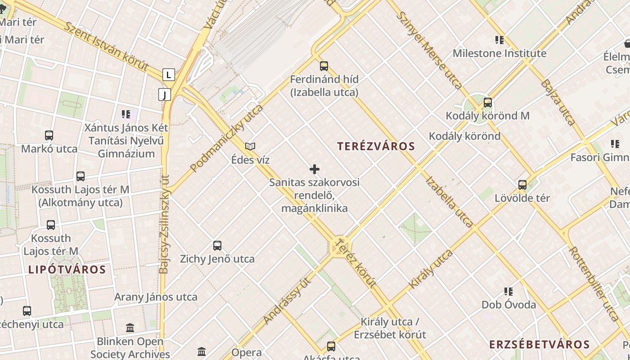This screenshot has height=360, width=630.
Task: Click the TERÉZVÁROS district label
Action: pos(376,146)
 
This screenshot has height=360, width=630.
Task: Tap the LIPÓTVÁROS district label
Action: pos(67,270)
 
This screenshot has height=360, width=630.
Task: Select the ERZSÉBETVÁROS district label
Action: pos(539,345)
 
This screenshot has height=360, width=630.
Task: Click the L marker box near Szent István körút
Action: pos(168,75)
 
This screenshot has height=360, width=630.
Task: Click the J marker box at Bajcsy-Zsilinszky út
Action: pos(165,94)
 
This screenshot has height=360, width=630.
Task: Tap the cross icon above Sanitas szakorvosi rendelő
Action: pos(315,169)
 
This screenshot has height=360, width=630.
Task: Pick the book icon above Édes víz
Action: pos(250,146)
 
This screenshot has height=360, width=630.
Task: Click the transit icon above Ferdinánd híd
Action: pos(324,66)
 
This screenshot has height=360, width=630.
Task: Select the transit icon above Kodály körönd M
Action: pos(487,103)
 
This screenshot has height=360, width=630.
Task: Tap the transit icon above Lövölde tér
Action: pos(522,184)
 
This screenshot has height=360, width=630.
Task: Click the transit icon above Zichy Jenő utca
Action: pos(217,246)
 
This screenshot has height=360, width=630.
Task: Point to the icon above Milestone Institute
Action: pos(499,40)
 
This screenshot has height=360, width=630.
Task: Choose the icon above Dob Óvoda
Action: pos(508,292)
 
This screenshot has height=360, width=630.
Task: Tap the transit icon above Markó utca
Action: pos(49,135)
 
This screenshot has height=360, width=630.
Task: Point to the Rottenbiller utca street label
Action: pos(594,284)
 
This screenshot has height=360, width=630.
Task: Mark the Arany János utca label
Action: pos(156,297)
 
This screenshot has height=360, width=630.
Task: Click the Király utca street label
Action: pos(431,269)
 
